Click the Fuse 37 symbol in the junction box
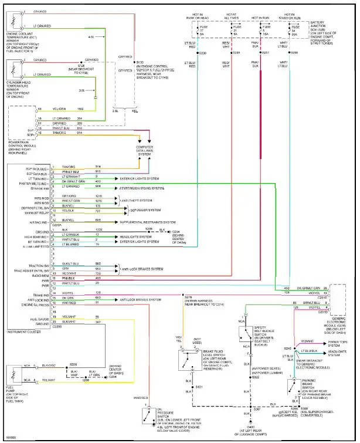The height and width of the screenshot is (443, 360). click(x=202, y=30)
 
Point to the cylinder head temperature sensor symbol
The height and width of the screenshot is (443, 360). click(x=13, y=70)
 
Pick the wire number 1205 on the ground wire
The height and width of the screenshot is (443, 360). click(x=99, y=229)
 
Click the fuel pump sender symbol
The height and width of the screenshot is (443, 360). click(x=13, y=375)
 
